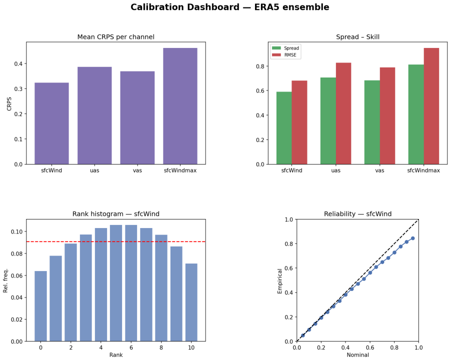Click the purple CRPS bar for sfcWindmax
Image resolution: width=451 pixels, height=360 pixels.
[180, 106]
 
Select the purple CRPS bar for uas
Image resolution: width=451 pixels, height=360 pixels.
[94, 115]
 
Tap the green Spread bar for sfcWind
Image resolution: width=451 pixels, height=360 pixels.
[284, 128]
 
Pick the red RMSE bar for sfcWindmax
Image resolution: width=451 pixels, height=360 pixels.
[431, 106]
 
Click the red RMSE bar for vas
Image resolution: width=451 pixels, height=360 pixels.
[387, 116]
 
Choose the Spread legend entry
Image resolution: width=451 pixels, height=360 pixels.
[285, 48]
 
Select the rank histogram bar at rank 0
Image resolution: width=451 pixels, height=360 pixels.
[40, 306]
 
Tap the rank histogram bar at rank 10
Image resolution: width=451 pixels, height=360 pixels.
[191, 302]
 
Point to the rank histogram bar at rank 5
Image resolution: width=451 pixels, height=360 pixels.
[116, 283]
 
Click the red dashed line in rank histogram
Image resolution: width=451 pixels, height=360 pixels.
[116, 241]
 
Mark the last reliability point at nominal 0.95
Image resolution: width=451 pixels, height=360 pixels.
[412, 238]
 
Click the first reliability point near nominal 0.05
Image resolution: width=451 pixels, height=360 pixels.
[303, 335]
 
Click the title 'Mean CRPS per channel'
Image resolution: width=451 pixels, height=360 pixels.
[116, 37]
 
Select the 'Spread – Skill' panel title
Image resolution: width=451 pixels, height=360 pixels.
[358, 37]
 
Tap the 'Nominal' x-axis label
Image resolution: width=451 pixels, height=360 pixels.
[358, 355]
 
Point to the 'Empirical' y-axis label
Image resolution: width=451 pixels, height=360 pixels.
[279, 281]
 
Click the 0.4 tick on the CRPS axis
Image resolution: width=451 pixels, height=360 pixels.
[18, 63]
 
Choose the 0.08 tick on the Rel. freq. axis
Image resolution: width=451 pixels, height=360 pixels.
[16, 253]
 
